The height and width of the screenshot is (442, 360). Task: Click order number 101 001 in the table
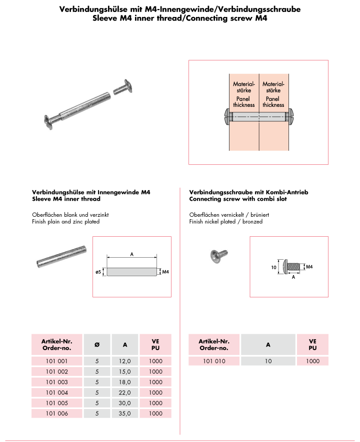pyautogui.click(x=56, y=361)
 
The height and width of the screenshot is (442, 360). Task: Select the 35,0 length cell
pyautogui.click(x=125, y=414)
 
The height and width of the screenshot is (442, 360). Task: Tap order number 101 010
pyautogui.click(x=213, y=361)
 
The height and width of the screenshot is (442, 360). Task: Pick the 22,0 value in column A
pyautogui.click(x=125, y=393)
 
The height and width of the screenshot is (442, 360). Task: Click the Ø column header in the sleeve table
pyautogui.click(x=96, y=344)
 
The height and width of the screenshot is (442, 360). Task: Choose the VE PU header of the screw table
pyautogui.click(x=312, y=344)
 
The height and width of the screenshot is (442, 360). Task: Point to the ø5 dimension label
pyautogui.click(x=98, y=272)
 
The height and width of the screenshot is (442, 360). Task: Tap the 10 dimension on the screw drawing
pyautogui.click(x=273, y=267)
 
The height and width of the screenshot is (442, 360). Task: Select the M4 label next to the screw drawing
pyautogui.click(x=309, y=267)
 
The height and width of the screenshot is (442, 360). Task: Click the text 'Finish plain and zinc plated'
pyautogui.click(x=65, y=221)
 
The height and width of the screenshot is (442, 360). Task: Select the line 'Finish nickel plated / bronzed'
pyautogui.click(x=226, y=221)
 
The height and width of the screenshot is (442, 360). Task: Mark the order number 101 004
pyautogui.click(x=56, y=393)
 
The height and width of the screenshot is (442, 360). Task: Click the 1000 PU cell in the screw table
pyautogui.click(x=312, y=361)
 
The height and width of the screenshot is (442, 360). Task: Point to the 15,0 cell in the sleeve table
pyautogui.click(x=125, y=372)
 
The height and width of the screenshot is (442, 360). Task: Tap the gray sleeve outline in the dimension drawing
pyautogui.click(x=132, y=272)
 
